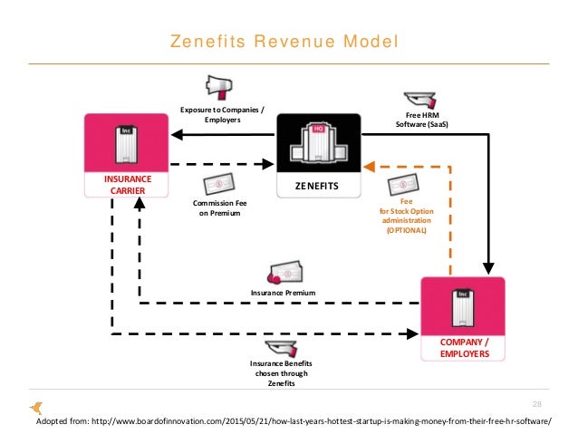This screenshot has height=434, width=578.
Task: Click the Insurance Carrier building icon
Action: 127,145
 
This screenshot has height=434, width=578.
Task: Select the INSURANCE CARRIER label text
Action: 127,186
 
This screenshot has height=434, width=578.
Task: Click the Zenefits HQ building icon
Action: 318,145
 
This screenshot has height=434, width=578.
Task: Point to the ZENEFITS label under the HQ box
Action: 318,186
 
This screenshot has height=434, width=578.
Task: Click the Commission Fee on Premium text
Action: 221,208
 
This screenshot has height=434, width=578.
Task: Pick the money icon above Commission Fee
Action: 220,184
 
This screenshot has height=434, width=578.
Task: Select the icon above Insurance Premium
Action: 283,273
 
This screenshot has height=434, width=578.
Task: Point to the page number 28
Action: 538,403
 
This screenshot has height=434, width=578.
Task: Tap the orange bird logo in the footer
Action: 37,409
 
